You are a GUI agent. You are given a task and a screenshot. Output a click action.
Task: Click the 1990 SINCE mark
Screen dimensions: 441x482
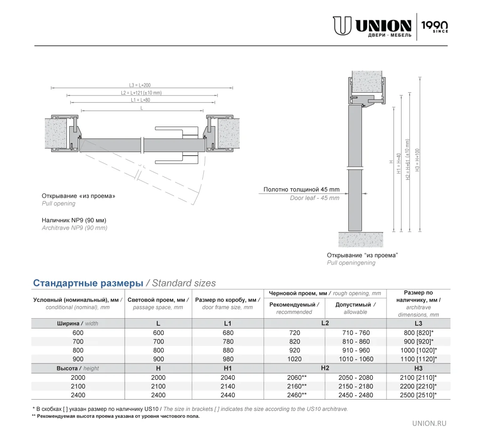coord(434,26)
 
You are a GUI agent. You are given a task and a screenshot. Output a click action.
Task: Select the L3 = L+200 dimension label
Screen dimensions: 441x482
coord(140,85)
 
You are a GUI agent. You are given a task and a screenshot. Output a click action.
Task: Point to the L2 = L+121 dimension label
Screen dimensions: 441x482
coord(141,93)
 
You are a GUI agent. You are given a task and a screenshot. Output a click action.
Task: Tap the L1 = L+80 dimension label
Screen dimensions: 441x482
coord(141,100)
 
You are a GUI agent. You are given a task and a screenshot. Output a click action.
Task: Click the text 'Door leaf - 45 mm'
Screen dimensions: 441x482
coord(314,198)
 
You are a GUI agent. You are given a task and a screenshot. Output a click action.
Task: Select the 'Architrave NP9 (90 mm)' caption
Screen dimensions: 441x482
coord(75,228)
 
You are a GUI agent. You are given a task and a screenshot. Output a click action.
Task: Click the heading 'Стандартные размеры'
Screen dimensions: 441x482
coord(88,283)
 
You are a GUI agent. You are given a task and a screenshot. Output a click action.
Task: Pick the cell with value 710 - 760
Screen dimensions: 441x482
coord(356,333)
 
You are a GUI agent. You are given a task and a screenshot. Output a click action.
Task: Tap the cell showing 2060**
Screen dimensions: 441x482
coord(297,377)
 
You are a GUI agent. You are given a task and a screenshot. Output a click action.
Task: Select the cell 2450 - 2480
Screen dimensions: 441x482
coord(356,395)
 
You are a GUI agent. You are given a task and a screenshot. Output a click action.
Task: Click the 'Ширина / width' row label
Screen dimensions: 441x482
coord(78,323)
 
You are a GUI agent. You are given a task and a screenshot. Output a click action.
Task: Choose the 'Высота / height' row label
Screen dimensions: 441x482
coord(78,368)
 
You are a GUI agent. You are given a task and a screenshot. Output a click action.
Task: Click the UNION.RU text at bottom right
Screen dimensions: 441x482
coord(429,423)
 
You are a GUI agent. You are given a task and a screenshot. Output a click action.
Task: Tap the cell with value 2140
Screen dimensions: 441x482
coord(228,386)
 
